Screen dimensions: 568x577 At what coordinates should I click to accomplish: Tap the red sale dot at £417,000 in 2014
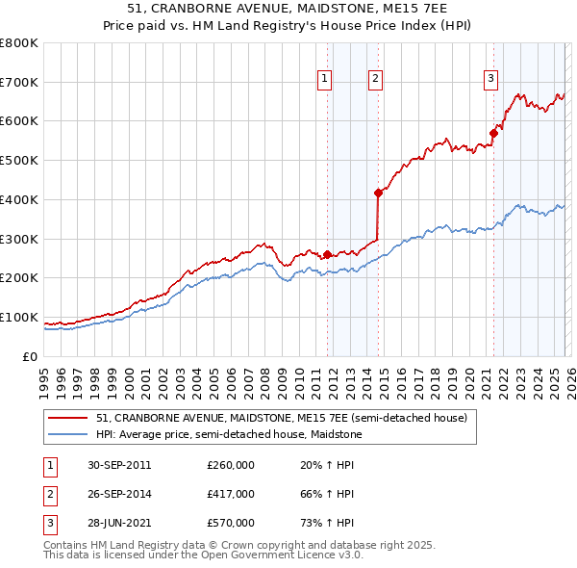pyautogui.click(x=378, y=193)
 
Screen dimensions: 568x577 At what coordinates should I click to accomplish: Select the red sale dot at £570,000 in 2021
pyautogui.click(x=493, y=133)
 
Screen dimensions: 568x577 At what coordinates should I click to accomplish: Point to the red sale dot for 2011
pyautogui.click(x=327, y=254)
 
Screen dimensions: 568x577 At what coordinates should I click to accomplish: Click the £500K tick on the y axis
pyautogui.click(x=19, y=161)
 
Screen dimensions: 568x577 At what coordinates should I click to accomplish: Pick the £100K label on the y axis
pyautogui.click(x=19, y=317)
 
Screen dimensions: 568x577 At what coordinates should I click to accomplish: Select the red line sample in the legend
pyautogui.click(x=68, y=418)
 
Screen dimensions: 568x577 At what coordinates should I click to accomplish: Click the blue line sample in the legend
pyautogui.click(x=68, y=434)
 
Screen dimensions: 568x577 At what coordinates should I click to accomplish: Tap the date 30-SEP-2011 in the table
pyautogui.click(x=118, y=465)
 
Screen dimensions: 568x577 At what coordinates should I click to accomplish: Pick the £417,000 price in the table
pyautogui.click(x=231, y=494)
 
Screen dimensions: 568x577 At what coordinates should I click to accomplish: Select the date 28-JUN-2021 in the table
pyautogui.click(x=118, y=523)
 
